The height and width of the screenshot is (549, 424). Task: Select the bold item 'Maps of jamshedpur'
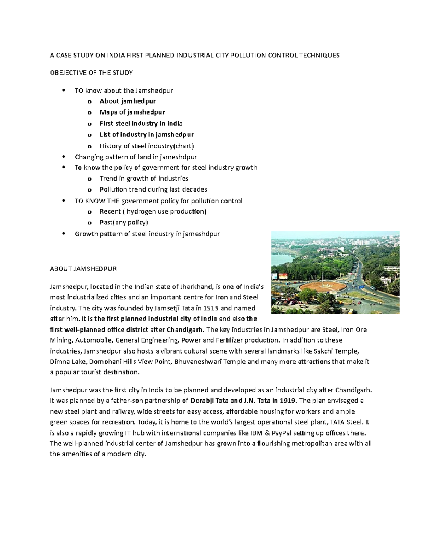132,112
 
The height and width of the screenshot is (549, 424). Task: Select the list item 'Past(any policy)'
124,222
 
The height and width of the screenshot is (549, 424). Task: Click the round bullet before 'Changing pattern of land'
64,157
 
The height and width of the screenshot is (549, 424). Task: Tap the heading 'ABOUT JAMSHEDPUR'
83,269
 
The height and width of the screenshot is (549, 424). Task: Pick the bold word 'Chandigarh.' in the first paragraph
185,330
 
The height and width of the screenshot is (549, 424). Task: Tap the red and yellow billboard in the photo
283,276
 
